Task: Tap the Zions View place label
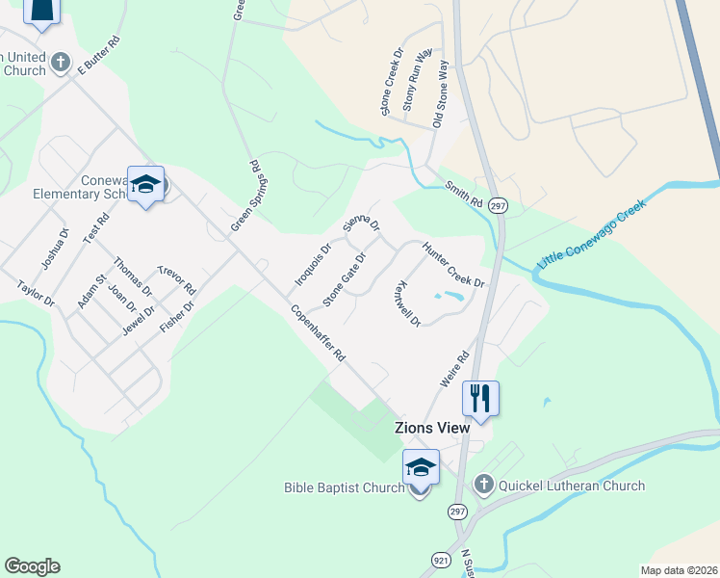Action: (x=431, y=427)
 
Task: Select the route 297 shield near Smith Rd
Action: (x=497, y=206)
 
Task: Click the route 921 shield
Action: (x=440, y=559)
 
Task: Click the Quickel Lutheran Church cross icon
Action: (x=483, y=485)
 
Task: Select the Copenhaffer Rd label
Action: (x=318, y=332)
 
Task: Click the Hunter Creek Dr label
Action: (x=451, y=263)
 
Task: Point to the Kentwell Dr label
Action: (x=408, y=303)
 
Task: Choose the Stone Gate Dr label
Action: (x=345, y=279)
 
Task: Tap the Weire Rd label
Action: (x=453, y=369)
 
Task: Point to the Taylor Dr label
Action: (x=37, y=294)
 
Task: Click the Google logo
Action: (x=32, y=566)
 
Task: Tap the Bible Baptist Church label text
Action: (x=344, y=487)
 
